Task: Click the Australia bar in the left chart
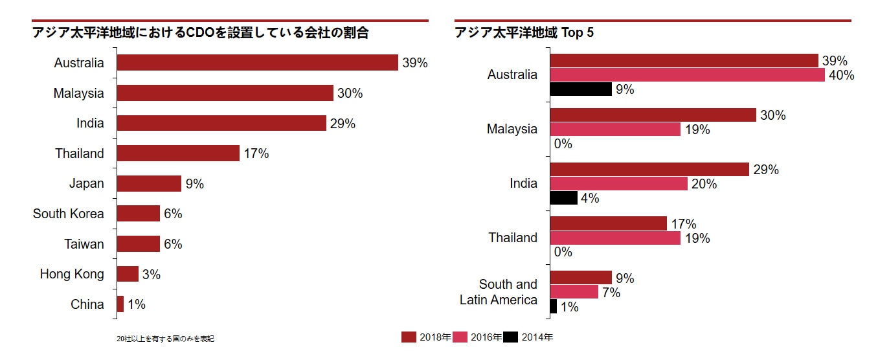tap(257, 63)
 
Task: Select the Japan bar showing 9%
tap(149, 184)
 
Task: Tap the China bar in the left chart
tap(120, 304)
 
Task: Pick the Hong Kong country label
tap(72, 274)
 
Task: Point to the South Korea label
tap(68, 214)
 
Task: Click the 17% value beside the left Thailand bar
tap(256, 154)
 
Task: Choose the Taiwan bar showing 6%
tap(139, 244)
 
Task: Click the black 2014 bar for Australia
tap(581, 89)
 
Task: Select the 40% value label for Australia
tap(842, 75)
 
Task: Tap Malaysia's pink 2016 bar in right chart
tap(615, 129)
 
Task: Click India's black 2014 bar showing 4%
tap(563, 198)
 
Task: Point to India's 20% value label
tap(704, 184)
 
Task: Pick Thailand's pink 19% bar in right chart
tap(615, 238)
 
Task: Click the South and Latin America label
tap(499, 292)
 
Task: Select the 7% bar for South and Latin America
tap(574, 293)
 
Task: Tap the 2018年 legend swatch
tap(409, 337)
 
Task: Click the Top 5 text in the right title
tap(578, 33)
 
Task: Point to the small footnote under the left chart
tap(165, 339)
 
